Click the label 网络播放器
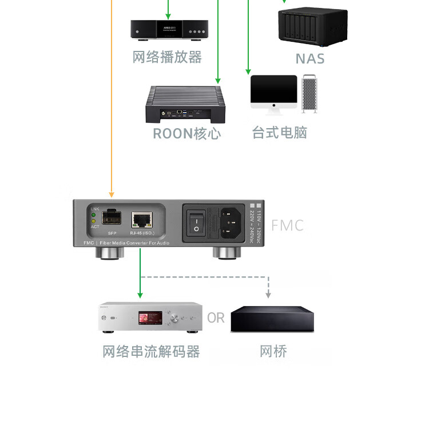pyautogui.click(x=167, y=57)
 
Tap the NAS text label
pyautogui.click(x=309, y=58)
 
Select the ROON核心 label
pyautogui.click(x=186, y=134)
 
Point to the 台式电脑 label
pyautogui.click(x=280, y=133)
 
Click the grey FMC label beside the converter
pyautogui.click(x=287, y=225)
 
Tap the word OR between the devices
pyautogui.click(x=216, y=317)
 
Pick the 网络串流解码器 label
pyautogui.click(x=151, y=351)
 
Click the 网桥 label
pyautogui.click(x=273, y=351)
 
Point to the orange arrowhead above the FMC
pyautogui.click(x=112, y=194)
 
